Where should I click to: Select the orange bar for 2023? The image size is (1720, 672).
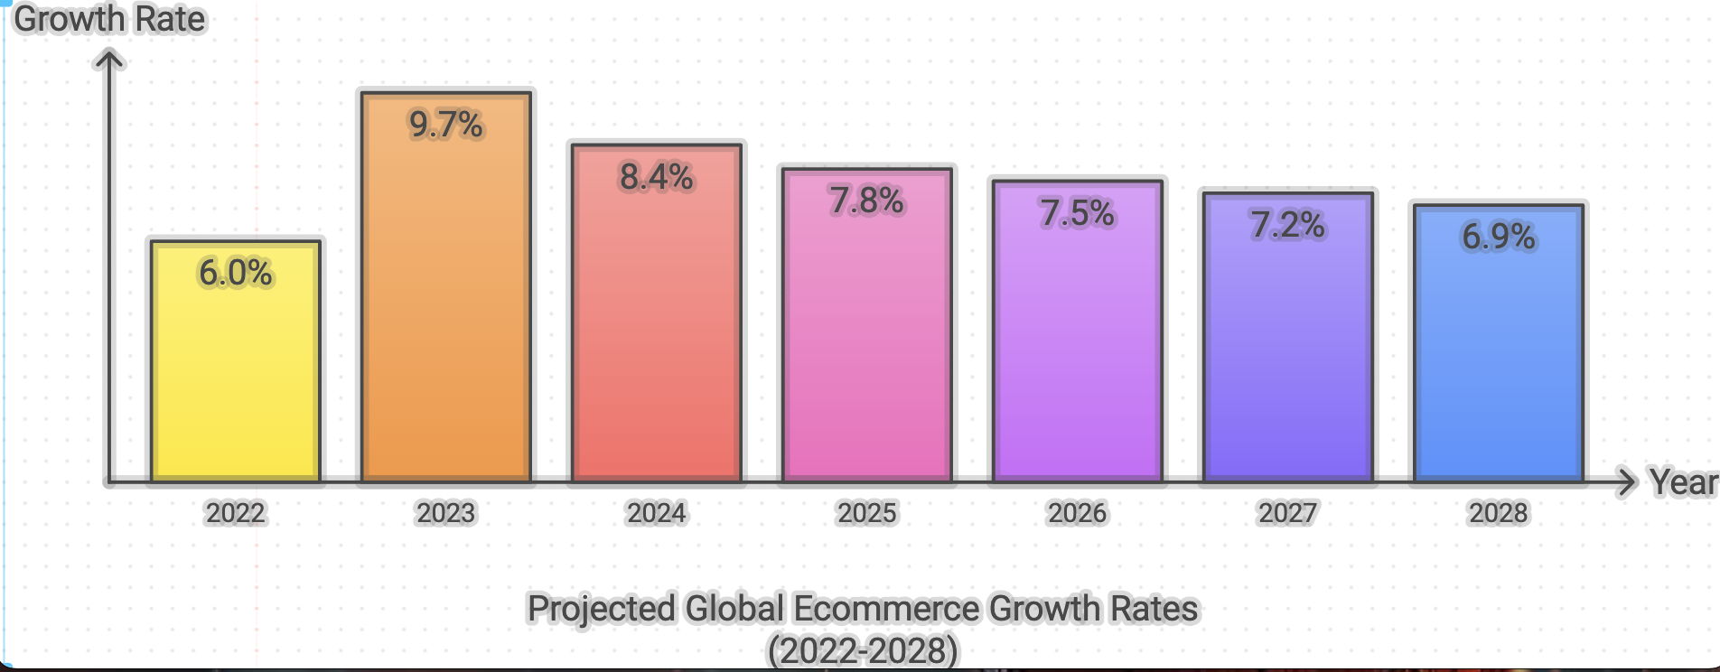point(445,307)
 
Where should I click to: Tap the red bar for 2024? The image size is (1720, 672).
point(657,334)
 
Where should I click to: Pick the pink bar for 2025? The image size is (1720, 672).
point(866,343)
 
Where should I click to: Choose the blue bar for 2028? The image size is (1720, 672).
point(1498,361)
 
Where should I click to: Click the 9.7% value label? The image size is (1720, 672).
point(445,125)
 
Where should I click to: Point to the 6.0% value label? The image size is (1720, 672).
point(235,273)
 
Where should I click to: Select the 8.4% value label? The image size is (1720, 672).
point(657,177)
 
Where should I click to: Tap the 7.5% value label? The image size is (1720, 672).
point(1077,213)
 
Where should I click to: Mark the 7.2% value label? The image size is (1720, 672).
point(1287,225)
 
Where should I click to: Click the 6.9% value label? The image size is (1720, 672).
point(1498,237)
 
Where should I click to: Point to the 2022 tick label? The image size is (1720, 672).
point(235,513)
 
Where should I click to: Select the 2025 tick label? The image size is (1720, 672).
point(866,513)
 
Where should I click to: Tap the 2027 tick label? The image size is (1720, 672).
point(1287,513)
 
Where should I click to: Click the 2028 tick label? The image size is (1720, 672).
point(1498,513)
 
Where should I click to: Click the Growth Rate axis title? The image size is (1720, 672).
point(109,19)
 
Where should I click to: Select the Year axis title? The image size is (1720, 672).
point(1683,482)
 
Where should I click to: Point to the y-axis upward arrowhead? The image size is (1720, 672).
point(109,60)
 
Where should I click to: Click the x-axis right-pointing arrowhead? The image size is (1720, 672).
point(1627,482)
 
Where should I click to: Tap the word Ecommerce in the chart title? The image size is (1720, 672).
point(885,609)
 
